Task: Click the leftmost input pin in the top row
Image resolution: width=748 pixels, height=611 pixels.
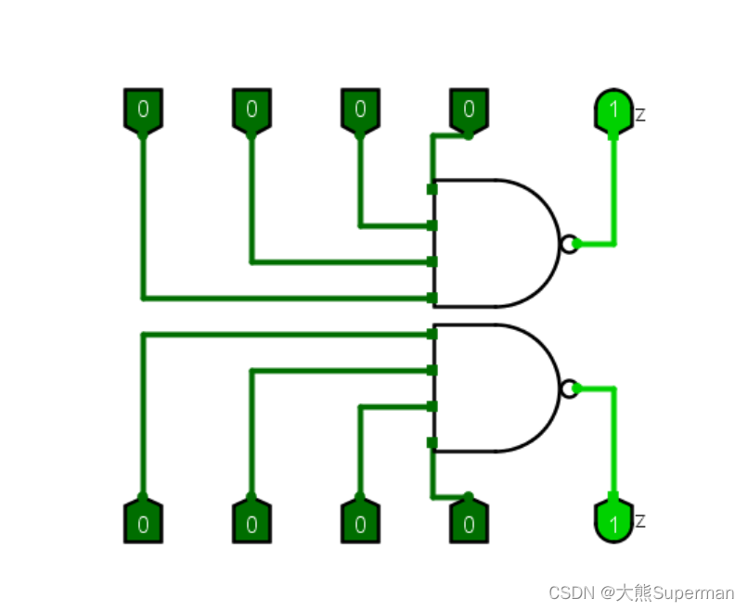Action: (143, 109)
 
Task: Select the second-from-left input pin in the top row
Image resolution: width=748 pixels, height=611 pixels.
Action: (251, 109)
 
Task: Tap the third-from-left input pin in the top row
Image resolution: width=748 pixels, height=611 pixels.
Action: (360, 109)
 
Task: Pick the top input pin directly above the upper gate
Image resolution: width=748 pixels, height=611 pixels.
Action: (469, 109)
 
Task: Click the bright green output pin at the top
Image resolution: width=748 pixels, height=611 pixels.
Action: (613, 110)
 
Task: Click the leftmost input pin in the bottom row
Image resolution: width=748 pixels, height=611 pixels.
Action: (143, 523)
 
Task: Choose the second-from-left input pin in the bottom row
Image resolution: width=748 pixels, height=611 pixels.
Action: (251, 523)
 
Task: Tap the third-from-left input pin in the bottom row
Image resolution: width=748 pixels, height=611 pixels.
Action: (360, 523)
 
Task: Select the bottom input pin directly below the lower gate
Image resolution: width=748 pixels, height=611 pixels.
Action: (469, 523)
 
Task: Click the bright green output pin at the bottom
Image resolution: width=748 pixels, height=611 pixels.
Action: (613, 523)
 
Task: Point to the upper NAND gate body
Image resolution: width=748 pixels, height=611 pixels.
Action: (492, 243)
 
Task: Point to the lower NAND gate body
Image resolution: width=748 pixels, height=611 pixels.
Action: (492, 388)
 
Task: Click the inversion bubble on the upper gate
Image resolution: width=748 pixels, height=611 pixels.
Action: (570, 244)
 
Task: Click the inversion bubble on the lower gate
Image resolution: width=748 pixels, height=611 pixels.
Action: (570, 388)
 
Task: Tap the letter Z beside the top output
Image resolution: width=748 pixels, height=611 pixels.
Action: (640, 116)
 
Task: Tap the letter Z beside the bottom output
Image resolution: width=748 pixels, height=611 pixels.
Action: (640, 521)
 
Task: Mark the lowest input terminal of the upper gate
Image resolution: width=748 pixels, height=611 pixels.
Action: (432, 298)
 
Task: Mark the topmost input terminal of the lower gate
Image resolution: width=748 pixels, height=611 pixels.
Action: (432, 334)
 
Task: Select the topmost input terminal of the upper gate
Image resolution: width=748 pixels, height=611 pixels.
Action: (432, 189)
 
